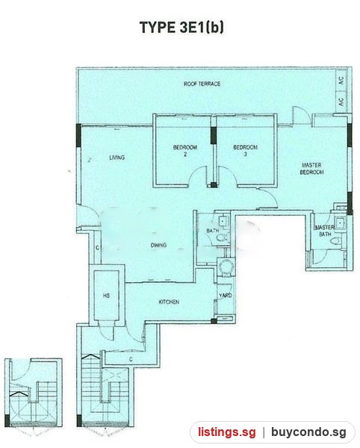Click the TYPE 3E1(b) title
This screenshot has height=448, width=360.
coord(181,28)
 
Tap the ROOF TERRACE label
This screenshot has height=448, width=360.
coord(202,84)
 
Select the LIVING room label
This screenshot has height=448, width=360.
coord(117,158)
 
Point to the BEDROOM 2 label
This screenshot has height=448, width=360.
coord(185,151)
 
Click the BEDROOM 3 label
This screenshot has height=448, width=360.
coord(246,151)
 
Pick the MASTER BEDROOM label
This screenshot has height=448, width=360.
coord(311,169)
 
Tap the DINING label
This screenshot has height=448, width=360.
coord(158,245)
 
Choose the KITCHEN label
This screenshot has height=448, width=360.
coord(169,302)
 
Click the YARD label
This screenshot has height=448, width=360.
coord(225,296)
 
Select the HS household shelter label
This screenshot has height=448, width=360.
coord(106,296)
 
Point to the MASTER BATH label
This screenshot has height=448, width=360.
coord(325,231)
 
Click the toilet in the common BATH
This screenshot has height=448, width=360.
coord(222,237)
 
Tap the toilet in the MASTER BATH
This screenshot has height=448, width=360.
coord(336,241)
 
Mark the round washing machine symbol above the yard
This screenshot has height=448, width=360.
coord(226,267)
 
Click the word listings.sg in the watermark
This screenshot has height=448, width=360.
coord(227,432)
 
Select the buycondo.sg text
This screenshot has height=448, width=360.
coord(309,432)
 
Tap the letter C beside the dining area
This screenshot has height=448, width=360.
coord(97,248)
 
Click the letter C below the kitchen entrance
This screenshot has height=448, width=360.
coord(131,359)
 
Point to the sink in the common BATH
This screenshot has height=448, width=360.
coord(223,221)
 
